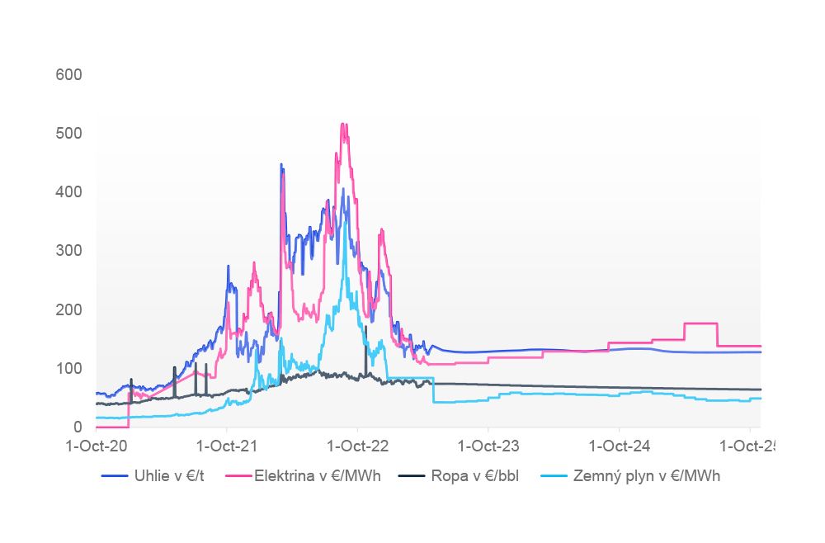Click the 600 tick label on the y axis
pos(68,75)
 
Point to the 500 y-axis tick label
pos(68,134)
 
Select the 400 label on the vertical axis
pos(68,192)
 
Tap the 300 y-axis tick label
pos(68,251)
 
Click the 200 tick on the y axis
pos(68,309)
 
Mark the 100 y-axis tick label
pos(68,368)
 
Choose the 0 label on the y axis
pos(78,427)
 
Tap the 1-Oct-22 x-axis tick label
pos(357,446)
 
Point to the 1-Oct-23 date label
pos(488,446)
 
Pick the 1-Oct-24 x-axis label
pos(619,446)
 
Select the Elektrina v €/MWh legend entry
pos(317,476)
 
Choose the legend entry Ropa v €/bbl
pos(470,476)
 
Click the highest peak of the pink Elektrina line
pos(343,124)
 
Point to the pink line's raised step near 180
pos(701,323)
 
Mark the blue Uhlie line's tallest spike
pos(281,164)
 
